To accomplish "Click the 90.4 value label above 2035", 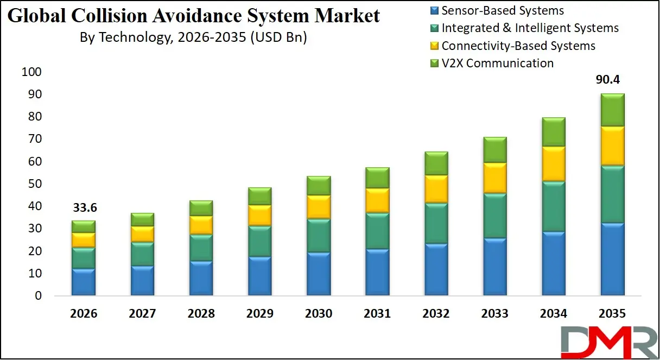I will (x=608, y=80).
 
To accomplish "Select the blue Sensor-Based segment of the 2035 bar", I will (x=612, y=259).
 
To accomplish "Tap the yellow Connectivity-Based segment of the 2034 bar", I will (x=553, y=163).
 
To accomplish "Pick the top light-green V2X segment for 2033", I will (x=494, y=150).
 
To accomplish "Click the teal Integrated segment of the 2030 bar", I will (x=319, y=235).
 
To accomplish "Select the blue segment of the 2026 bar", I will (x=84, y=282).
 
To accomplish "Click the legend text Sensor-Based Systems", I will (x=503, y=10).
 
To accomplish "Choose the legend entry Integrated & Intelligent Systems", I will (x=530, y=28).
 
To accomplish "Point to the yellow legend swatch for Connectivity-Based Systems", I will (x=434, y=46).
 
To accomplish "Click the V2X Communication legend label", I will (x=498, y=63).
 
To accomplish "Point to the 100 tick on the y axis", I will (x=32, y=72).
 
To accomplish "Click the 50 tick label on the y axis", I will (x=35, y=184).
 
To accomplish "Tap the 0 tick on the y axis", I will (x=39, y=296).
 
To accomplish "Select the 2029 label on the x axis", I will (x=260, y=314).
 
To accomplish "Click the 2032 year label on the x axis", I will (x=436, y=314).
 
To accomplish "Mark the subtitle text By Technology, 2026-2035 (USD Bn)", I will (x=193, y=37).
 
